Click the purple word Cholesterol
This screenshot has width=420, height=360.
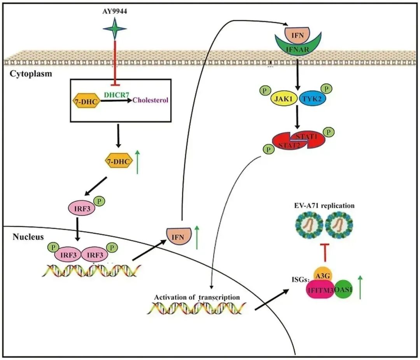(x=150, y=100)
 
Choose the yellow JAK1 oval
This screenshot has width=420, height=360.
(x=285, y=100)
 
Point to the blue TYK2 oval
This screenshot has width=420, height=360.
(x=313, y=100)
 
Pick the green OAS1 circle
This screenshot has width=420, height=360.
(x=342, y=290)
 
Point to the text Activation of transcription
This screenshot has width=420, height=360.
(x=197, y=297)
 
